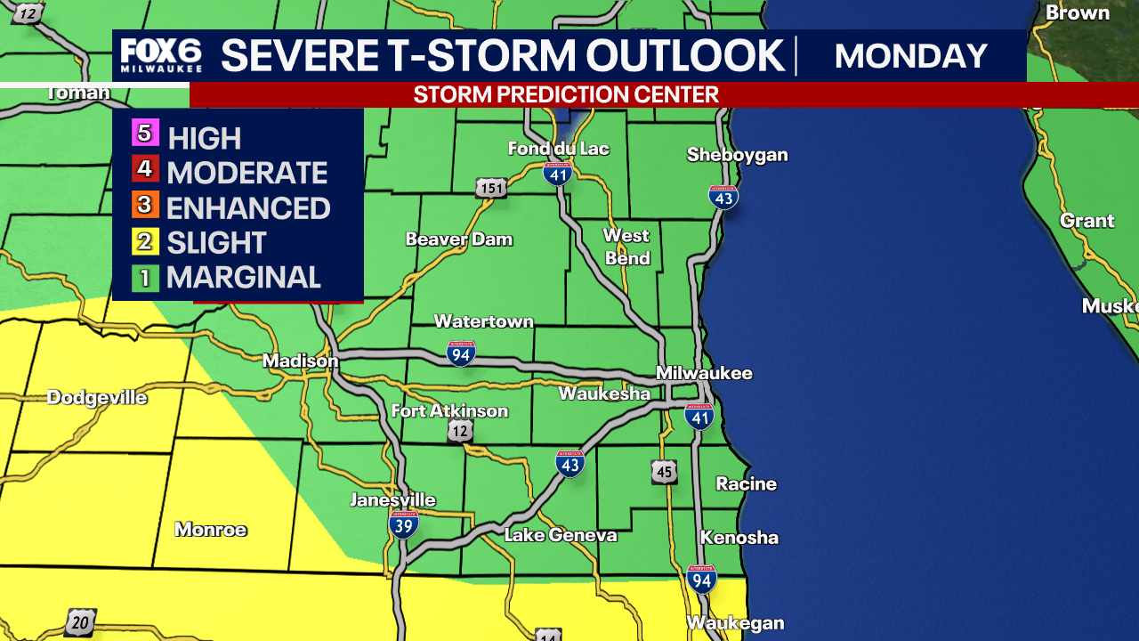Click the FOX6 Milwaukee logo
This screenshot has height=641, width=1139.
point(161,55)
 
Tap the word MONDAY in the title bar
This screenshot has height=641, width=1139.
point(911,56)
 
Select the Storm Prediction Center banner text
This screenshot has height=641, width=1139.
point(566,94)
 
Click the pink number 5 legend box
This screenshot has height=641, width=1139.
point(145,135)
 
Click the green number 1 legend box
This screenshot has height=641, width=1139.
point(145,278)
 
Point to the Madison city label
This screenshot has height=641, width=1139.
point(300,361)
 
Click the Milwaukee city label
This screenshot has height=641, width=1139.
point(704,373)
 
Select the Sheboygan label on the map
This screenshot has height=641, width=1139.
point(737,155)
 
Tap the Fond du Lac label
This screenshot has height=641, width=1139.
point(558,148)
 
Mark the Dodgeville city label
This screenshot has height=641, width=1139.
point(97,397)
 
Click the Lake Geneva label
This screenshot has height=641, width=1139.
point(560,535)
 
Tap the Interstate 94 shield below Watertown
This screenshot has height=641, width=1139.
point(461,353)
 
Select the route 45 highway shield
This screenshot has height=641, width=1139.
point(664,471)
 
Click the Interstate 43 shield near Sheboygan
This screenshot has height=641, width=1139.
point(723,197)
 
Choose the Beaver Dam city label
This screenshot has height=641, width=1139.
point(458,239)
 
